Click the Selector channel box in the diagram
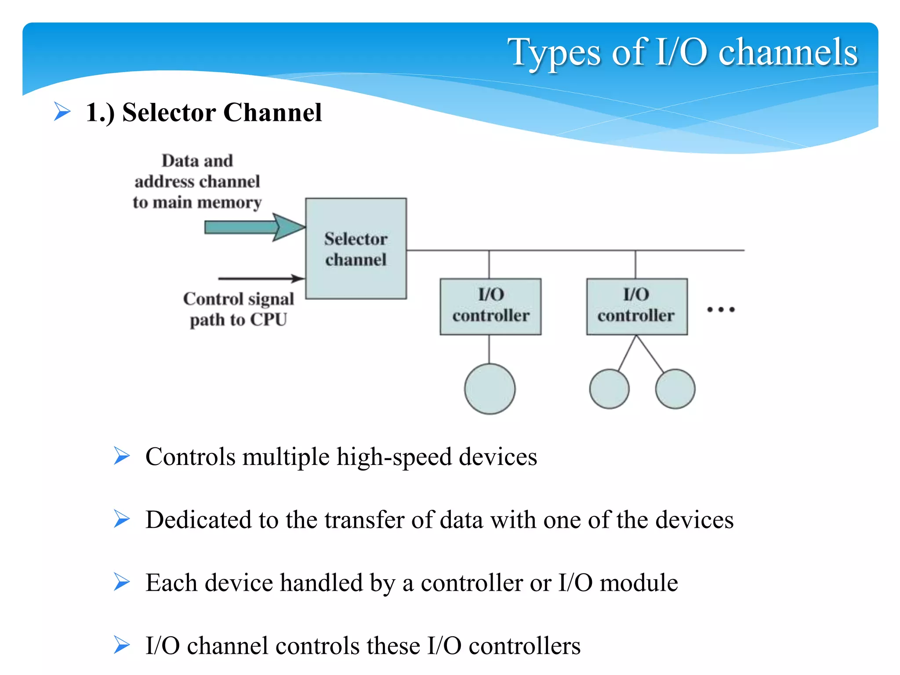point(356,249)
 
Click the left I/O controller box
point(490,306)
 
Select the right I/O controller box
point(637,306)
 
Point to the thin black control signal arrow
point(259,278)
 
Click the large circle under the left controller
point(490,388)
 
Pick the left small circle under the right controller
point(609,389)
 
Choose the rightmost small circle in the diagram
point(675,389)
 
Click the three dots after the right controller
point(721,309)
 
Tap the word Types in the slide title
point(554,53)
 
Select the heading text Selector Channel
point(222,112)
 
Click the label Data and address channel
point(197,181)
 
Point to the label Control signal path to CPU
point(238,309)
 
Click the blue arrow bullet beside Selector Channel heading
point(62,111)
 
